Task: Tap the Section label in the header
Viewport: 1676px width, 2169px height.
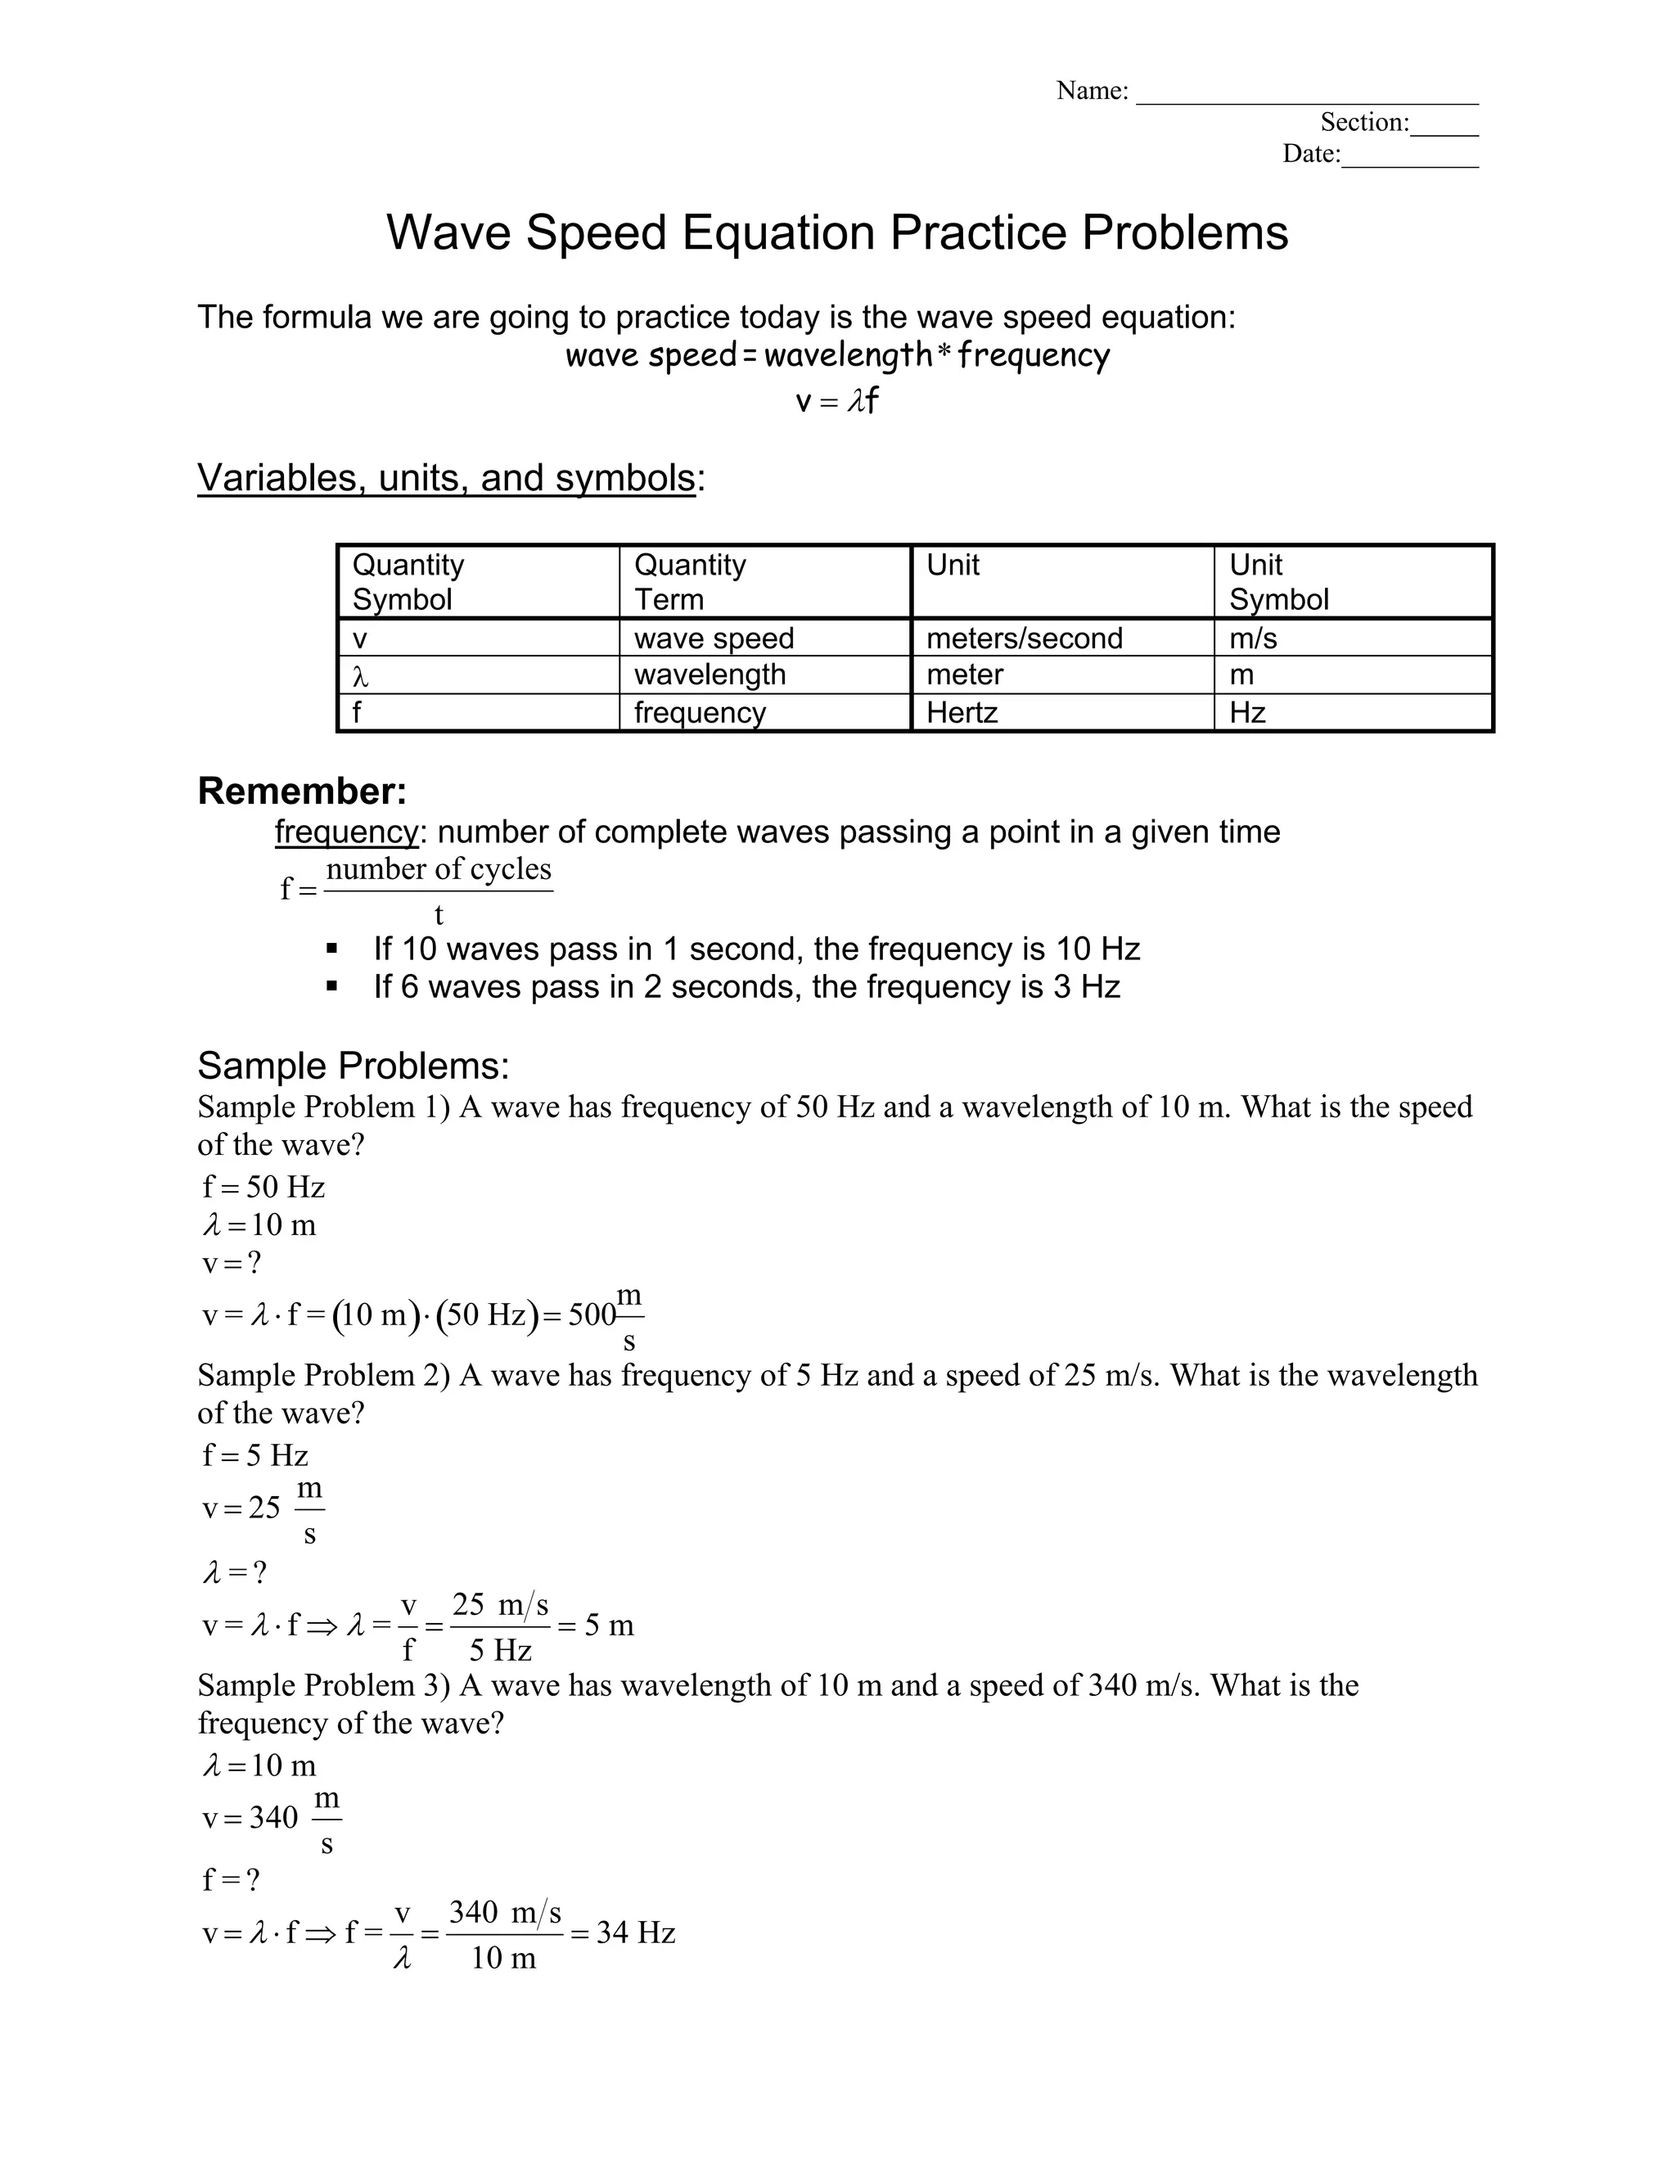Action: [x=1363, y=122]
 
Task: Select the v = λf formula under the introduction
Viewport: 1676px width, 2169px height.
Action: [x=837, y=401]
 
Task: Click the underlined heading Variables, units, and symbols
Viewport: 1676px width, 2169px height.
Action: [x=446, y=478]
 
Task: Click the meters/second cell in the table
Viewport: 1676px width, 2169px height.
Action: [x=1024, y=638]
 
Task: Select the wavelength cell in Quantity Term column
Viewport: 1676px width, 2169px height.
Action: [x=709, y=674]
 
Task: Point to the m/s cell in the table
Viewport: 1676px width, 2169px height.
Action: [x=1252, y=638]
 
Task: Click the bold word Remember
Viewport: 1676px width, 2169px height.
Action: [x=302, y=791]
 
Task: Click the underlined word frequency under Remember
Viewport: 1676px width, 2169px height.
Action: [x=346, y=832]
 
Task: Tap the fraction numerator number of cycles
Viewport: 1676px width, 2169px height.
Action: [x=438, y=869]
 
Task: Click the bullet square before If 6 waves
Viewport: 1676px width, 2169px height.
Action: [x=332, y=986]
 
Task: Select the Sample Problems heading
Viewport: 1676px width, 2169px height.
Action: [x=353, y=1066]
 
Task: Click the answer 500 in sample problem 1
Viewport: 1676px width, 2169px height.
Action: [x=592, y=1315]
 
